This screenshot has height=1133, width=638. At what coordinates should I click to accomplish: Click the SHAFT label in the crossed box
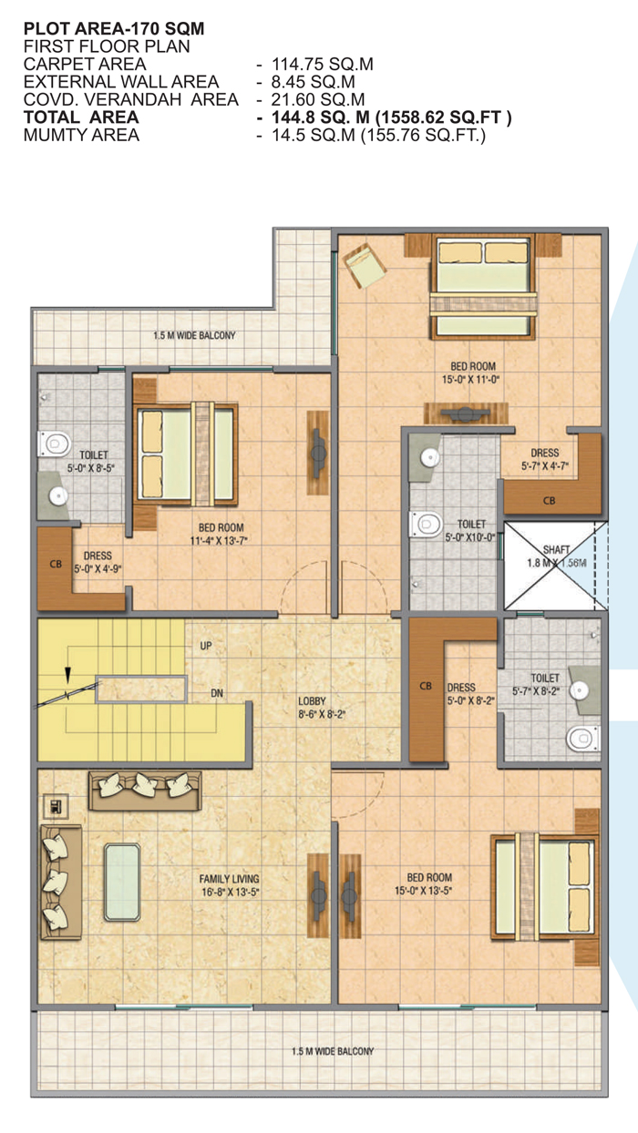556,549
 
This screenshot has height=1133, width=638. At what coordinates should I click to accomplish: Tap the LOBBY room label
312,701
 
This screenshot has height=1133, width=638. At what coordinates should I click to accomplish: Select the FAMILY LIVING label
229,879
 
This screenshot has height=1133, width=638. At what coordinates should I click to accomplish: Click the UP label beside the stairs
206,646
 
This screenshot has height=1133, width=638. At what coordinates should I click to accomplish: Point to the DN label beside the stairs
217,693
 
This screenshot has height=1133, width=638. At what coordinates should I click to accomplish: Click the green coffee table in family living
122,882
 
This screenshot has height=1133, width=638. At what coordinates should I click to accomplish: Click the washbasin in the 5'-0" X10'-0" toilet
430,457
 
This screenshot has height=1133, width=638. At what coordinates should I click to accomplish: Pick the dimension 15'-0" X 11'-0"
471,380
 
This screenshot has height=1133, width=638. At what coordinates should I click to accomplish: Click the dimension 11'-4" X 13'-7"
219,541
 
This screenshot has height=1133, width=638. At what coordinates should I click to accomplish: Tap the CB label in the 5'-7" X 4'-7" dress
549,501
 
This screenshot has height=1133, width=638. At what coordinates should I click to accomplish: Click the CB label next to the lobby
426,686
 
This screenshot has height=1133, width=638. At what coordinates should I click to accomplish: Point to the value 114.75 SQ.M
323,65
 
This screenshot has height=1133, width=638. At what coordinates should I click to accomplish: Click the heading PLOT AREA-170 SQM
114,29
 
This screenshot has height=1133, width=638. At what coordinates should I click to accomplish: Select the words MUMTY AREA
81,135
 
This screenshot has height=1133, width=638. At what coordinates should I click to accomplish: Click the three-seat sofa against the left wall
61,883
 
